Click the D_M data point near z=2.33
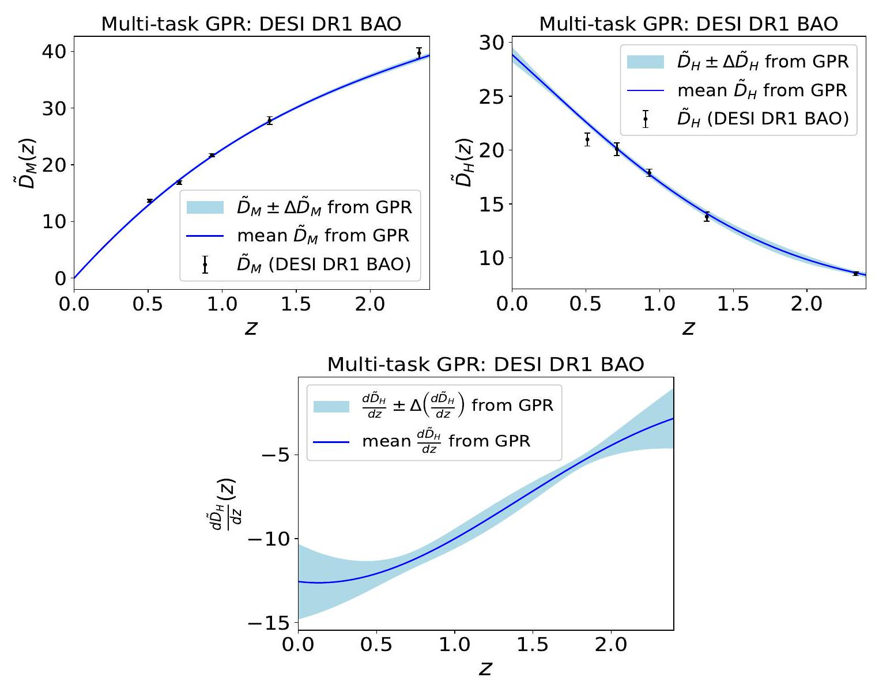[419, 52]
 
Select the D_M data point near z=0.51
[150, 200]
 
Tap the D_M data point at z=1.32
[269, 120]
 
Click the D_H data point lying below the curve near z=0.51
[587, 139]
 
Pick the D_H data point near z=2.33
[856, 273]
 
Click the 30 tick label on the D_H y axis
[491, 43]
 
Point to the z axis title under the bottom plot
[485, 668]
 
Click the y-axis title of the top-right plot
[461, 162]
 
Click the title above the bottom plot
[485, 364]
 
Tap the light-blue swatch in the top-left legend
[205, 207]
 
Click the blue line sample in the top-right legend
[646, 90]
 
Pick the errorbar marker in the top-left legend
[205, 264]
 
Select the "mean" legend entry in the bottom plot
[446, 441]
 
